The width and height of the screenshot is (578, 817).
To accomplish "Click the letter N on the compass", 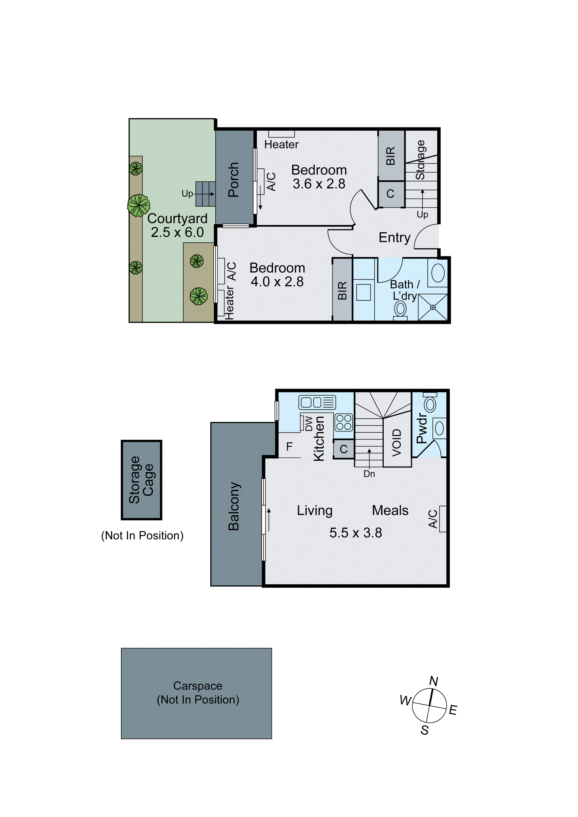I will [434, 681].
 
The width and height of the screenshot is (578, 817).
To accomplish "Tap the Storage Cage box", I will [141, 480].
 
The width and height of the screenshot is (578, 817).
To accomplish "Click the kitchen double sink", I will [317, 402].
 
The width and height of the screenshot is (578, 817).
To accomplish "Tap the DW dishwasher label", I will [309, 423].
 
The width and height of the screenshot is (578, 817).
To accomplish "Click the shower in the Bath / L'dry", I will [433, 307].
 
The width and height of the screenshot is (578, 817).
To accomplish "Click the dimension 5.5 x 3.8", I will [355, 533].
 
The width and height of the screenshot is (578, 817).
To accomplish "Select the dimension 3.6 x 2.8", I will [319, 184].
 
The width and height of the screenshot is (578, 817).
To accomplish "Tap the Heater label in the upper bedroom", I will [281, 144].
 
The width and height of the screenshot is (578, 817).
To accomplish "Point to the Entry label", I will [394, 237].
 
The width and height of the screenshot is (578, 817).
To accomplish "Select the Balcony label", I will [234, 506].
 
